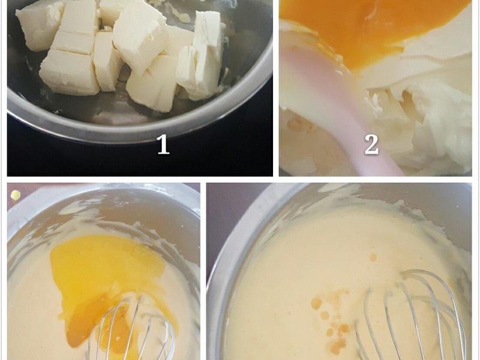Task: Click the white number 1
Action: coord(163,144)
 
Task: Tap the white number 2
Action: coord(371,144)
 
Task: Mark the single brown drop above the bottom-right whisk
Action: coord(373,257)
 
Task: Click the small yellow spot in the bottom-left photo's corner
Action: coord(16,195)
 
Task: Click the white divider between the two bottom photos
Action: coord(203,270)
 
